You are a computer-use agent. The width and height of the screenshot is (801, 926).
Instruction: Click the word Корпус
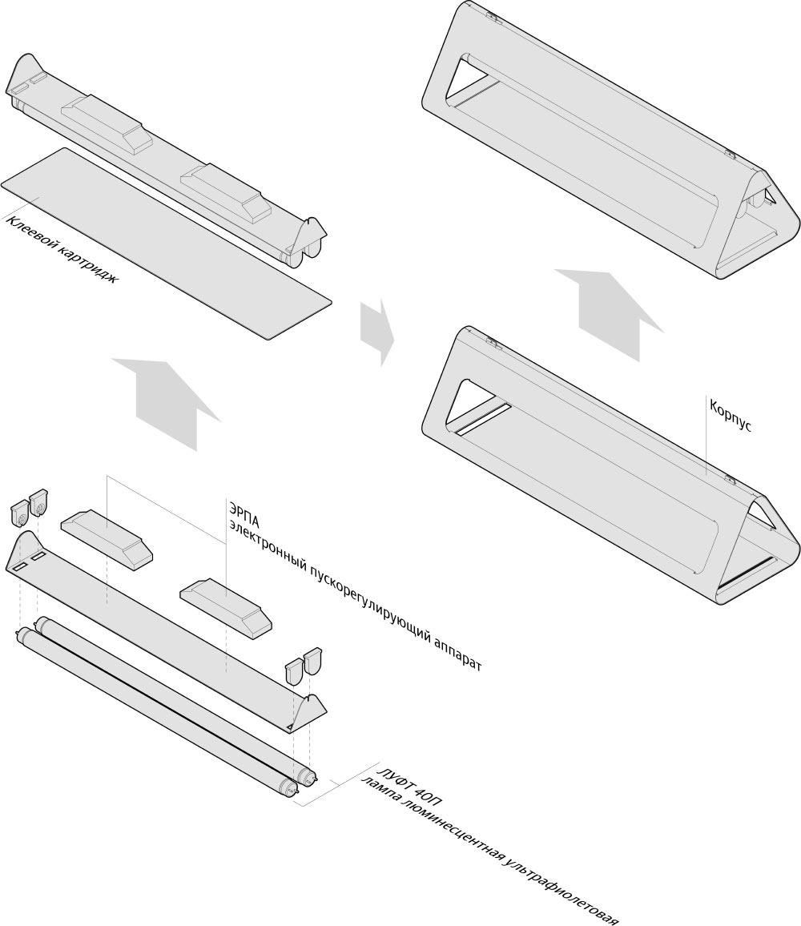729,414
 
